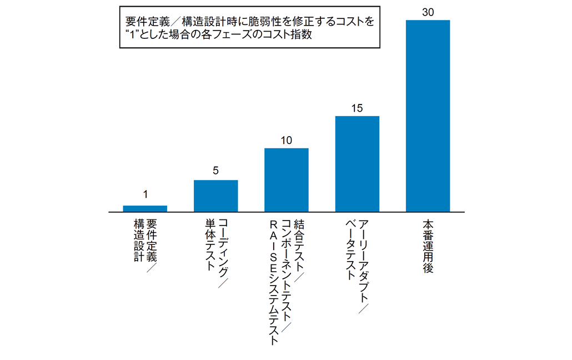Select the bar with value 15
[357, 164]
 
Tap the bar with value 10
[286, 180]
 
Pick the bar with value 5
[215, 196]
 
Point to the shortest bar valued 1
[145, 208]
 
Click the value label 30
[428, 12]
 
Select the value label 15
[357, 108]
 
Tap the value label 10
[286, 140]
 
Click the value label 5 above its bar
[215, 172]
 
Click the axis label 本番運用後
[428, 244]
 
